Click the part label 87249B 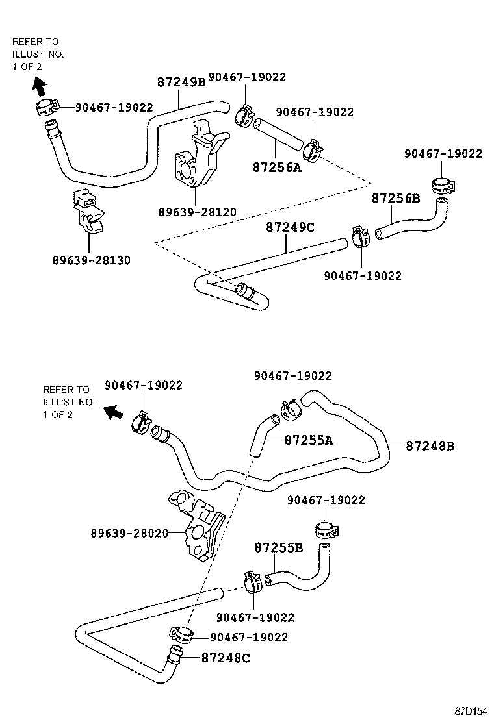tap(181, 82)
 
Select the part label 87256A tap(277, 168)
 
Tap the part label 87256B tap(396, 198)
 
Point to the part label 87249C tap(290, 227)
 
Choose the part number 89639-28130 tap(92, 260)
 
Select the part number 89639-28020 tap(129, 533)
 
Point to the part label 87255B tap(278, 547)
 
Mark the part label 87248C tap(226, 658)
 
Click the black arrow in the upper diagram tap(39, 84)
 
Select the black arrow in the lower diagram tap(115, 412)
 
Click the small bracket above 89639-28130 tap(88, 208)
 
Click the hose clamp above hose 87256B tap(441, 187)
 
